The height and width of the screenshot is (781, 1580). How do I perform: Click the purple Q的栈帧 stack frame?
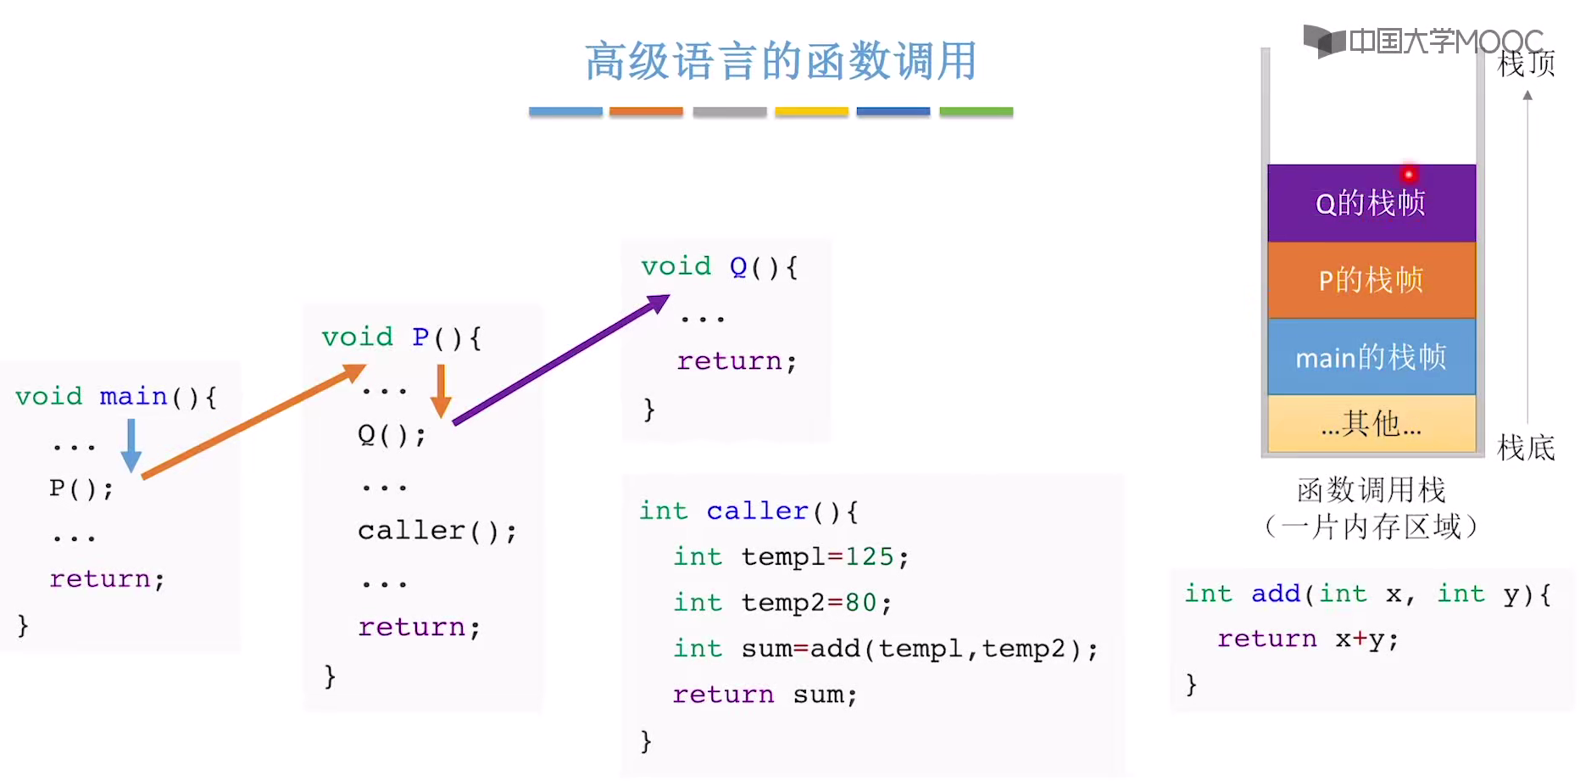coord(1371,204)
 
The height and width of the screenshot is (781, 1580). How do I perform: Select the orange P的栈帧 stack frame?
coord(1371,280)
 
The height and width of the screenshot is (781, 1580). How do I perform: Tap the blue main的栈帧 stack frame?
coord(1371,357)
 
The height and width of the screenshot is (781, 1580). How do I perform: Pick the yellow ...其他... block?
coord(1371,423)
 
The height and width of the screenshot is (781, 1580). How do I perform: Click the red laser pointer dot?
coord(1409,175)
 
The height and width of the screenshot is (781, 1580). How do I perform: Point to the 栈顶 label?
coord(1526,64)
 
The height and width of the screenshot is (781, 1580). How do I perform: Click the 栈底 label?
coord(1526,447)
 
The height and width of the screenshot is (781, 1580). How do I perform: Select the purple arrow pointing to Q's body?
coord(560,360)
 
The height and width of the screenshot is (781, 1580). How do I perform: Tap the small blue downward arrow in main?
coord(131,446)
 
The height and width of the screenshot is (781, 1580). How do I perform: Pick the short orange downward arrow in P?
coord(441,391)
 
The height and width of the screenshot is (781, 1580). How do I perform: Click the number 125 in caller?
coord(869,557)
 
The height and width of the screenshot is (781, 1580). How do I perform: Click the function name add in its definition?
coord(1275,594)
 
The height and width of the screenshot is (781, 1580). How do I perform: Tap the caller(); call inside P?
coord(437,532)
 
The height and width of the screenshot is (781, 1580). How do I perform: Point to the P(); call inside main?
coord(81,489)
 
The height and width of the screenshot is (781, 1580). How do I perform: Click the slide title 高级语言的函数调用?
coord(781,61)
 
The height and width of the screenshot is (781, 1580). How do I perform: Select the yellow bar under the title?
coord(811,112)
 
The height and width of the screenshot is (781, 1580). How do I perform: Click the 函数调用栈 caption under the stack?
coord(1371,490)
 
